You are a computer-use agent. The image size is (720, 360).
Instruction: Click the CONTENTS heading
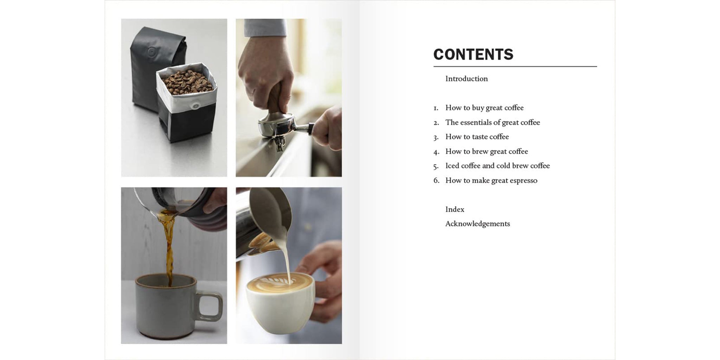[473, 54]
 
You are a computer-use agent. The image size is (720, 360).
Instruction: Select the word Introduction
[467, 79]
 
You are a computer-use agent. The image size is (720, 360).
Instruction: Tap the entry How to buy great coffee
[484, 108]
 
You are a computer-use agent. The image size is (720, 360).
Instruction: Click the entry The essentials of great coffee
[492, 122]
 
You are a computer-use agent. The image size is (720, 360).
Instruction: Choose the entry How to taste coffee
[477, 137]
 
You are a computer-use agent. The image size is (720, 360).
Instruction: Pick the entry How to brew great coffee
[486, 152]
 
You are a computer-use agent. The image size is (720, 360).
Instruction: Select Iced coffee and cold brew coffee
[497, 166]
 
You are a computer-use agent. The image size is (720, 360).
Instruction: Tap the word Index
[455, 210]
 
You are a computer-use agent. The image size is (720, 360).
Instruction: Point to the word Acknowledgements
[477, 224]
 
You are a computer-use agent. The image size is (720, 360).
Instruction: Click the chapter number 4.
[436, 152]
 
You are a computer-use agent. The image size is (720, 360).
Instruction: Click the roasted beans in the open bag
[187, 82]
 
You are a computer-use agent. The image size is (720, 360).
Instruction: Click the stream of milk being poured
[286, 262]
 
